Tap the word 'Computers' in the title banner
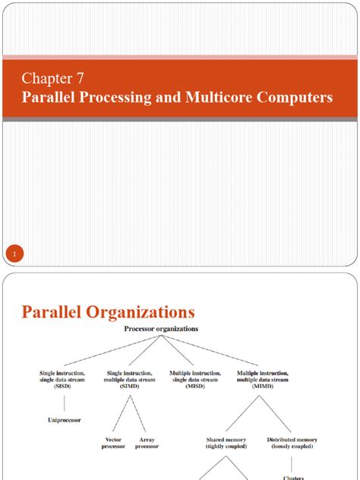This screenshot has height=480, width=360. pyautogui.click(x=295, y=97)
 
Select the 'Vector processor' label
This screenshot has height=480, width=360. pyautogui.click(x=113, y=443)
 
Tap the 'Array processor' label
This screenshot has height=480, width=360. pyautogui.click(x=147, y=443)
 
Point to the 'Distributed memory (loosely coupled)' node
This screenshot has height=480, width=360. pyautogui.click(x=292, y=443)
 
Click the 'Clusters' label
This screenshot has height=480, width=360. pyautogui.click(x=292, y=478)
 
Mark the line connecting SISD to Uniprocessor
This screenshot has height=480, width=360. pyautogui.click(x=62, y=402)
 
